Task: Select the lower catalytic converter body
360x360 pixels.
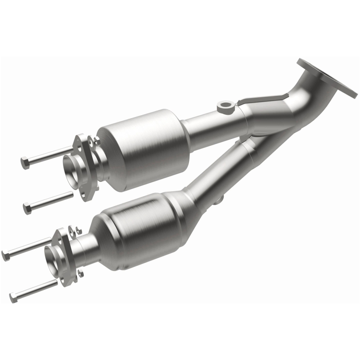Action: coord(135,229)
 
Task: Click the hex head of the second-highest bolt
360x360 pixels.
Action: coord(27,208)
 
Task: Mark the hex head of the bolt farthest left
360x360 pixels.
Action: coord(6,256)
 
